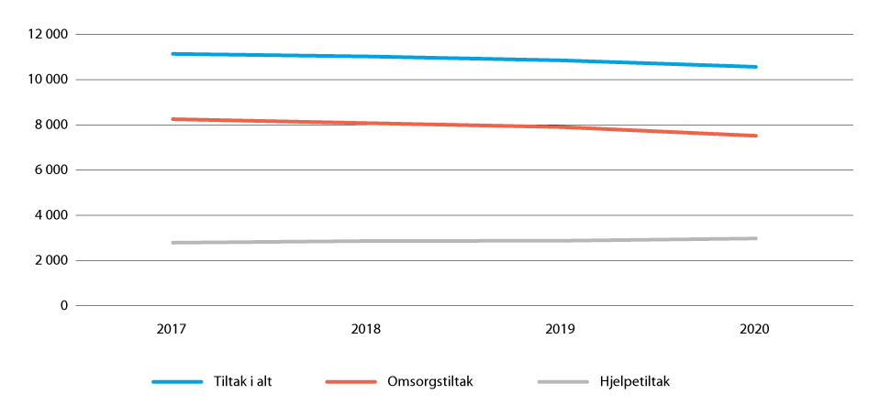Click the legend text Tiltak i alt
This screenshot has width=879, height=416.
coord(241,382)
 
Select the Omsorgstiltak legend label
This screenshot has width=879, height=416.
coord(430,382)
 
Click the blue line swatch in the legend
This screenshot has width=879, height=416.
coord(177,382)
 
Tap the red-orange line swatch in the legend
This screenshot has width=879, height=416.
coord(351,382)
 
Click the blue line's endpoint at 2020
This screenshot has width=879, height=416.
coord(755,67)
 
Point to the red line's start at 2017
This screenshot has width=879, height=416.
coord(172,119)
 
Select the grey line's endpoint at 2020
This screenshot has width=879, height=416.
coord(755,238)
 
